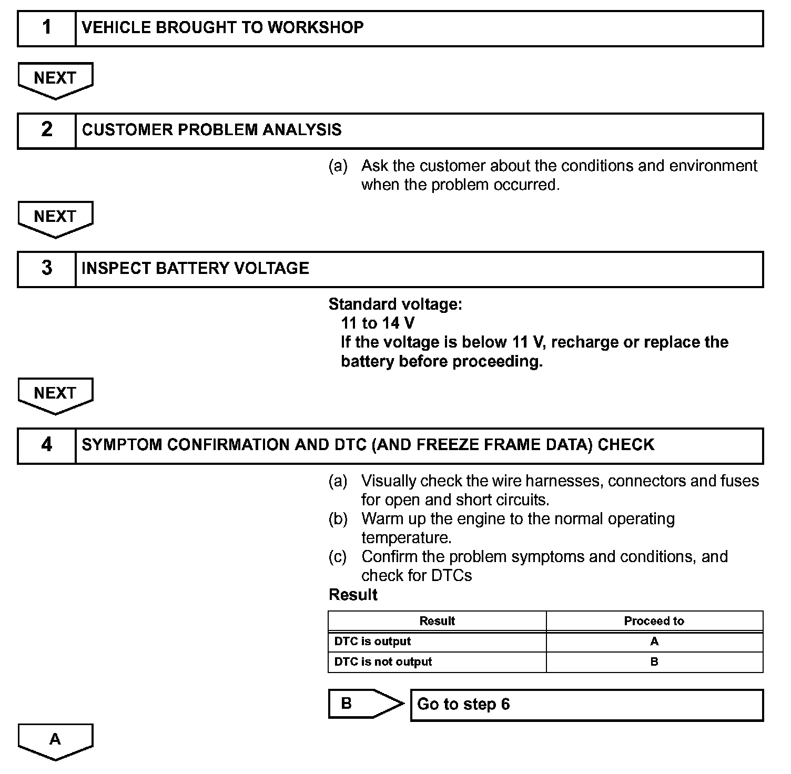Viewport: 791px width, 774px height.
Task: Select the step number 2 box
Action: click(x=47, y=130)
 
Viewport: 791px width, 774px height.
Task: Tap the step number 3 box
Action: click(x=47, y=269)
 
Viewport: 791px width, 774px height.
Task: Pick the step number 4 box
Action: click(x=47, y=445)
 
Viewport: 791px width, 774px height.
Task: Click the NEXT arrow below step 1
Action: click(x=55, y=79)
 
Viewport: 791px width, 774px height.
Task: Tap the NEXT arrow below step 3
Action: click(x=55, y=394)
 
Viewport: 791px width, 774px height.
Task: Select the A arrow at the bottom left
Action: click(x=55, y=740)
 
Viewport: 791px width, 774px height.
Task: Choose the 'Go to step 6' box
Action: click(x=586, y=705)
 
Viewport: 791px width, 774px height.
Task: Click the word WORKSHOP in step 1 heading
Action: click(x=316, y=27)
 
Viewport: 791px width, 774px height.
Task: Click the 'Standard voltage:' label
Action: click(x=395, y=304)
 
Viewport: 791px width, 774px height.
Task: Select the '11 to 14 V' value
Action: click(x=377, y=323)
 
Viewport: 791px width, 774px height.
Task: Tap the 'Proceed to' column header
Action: click(x=654, y=621)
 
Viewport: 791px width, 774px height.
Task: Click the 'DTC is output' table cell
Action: click(x=372, y=641)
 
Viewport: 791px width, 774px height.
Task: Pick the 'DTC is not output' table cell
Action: click(x=383, y=662)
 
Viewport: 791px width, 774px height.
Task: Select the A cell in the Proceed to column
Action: click(x=654, y=641)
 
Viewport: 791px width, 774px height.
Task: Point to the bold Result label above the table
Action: click(x=353, y=595)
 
